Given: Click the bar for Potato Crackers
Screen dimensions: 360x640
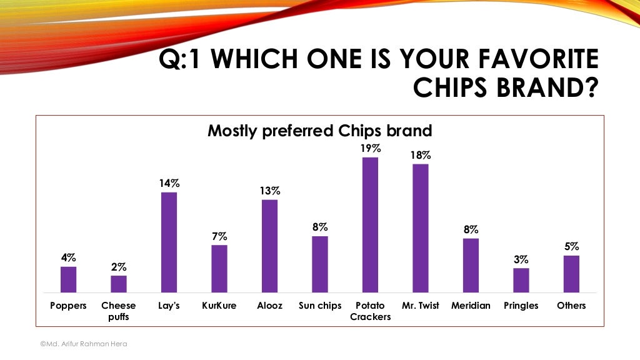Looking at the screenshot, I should point(370,225).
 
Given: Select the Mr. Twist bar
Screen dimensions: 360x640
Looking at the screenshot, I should point(421,228).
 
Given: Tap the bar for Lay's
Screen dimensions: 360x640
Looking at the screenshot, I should point(169,242).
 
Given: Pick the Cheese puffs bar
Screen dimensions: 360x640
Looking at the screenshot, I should point(119,284).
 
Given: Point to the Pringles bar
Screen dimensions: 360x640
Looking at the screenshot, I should point(521,280).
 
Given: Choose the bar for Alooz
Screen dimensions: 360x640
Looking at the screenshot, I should point(269,246).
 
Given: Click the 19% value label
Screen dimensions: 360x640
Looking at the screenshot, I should point(370,149).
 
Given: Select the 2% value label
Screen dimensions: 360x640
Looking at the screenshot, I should point(119,267).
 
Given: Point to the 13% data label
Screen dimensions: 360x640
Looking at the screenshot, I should point(269,191).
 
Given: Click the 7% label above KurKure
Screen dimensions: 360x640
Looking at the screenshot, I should point(219,236).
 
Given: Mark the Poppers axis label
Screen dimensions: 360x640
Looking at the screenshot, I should point(68,306).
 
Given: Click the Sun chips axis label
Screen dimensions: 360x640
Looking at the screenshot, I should point(320,306).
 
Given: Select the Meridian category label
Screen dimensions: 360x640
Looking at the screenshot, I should point(471,306).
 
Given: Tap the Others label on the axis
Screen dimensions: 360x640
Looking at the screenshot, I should point(571,306).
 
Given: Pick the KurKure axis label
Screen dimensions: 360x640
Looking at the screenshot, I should point(219,306).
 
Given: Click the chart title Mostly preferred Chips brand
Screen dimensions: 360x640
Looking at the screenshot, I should point(319,131).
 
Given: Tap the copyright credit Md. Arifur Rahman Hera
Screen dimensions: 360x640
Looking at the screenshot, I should point(83,344).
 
